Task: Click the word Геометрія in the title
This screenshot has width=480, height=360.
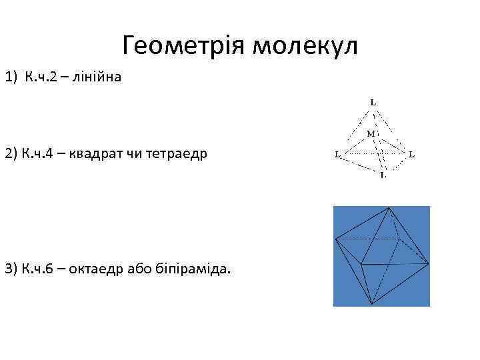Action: pyautogui.click(x=181, y=47)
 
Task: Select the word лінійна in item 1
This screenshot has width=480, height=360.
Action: pyautogui.click(x=99, y=78)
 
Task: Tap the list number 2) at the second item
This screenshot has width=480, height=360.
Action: pyautogui.click(x=12, y=154)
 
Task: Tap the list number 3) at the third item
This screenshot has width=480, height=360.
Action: pyautogui.click(x=12, y=269)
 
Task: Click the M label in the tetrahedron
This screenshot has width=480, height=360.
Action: pyautogui.click(x=371, y=133)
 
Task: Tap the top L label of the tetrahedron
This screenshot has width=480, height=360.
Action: pyautogui.click(x=373, y=103)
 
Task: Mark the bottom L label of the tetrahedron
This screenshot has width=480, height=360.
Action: pyautogui.click(x=382, y=175)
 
